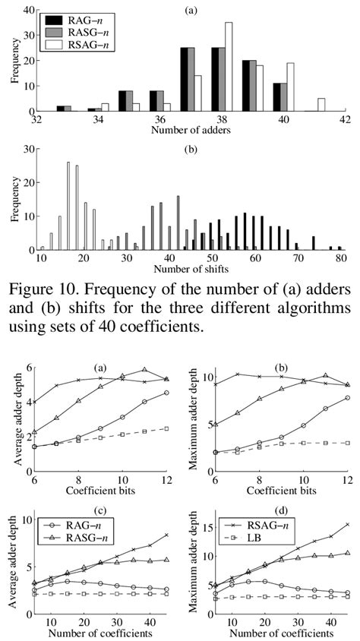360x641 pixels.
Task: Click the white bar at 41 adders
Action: [x=321, y=105]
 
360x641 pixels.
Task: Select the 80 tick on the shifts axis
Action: [x=342, y=259]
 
